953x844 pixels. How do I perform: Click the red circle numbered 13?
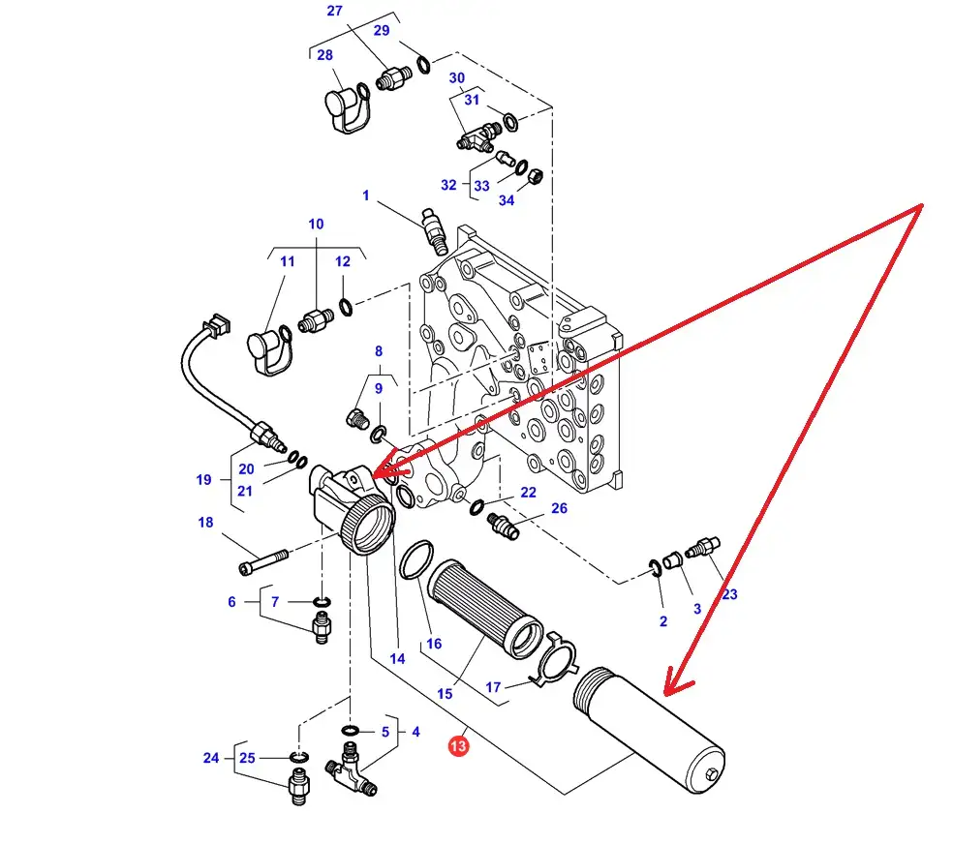(x=458, y=746)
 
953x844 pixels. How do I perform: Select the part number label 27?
(x=334, y=12)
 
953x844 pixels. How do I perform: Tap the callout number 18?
(x=205, y=524)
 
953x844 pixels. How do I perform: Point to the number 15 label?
(x=445, y=694)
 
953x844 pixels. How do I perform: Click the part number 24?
(x=211, y=758)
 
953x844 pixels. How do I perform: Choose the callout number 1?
(x=366, y=196)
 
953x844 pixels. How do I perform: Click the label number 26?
(x=559, y=509)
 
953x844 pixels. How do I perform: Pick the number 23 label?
(x=729, y=594)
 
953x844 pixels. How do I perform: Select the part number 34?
(x=507, y=200)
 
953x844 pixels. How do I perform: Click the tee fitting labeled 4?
(x=349, y=770)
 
